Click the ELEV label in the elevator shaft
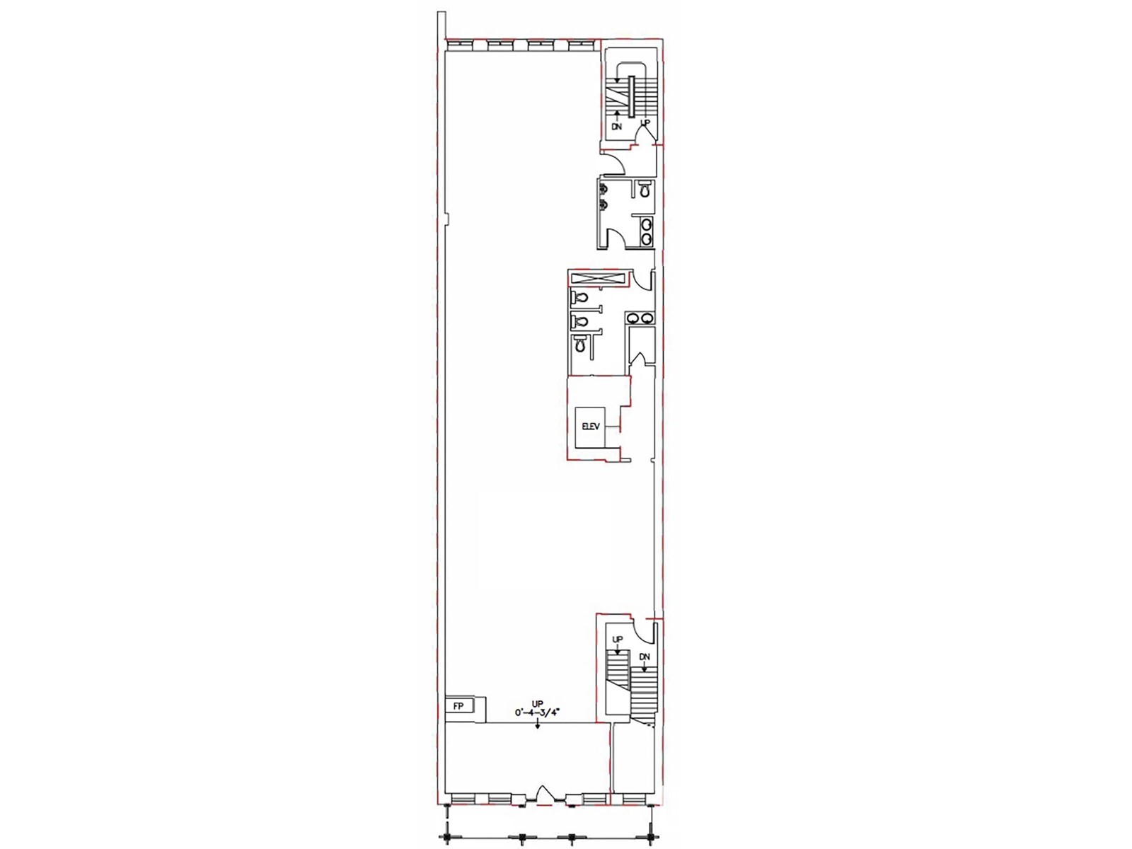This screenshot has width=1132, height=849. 590,427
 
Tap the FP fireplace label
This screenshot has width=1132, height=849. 458,706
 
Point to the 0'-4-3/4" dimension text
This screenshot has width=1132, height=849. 538,713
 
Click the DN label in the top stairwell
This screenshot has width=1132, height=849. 616,127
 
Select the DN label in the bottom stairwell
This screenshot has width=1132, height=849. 645,657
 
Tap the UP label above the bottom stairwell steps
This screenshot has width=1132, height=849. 618,640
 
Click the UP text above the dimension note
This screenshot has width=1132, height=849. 538,703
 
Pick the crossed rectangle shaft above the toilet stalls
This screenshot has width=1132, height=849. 598,278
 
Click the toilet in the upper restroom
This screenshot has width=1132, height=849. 644,190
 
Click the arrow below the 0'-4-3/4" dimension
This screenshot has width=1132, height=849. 538,724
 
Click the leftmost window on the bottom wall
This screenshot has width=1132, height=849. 463,799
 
